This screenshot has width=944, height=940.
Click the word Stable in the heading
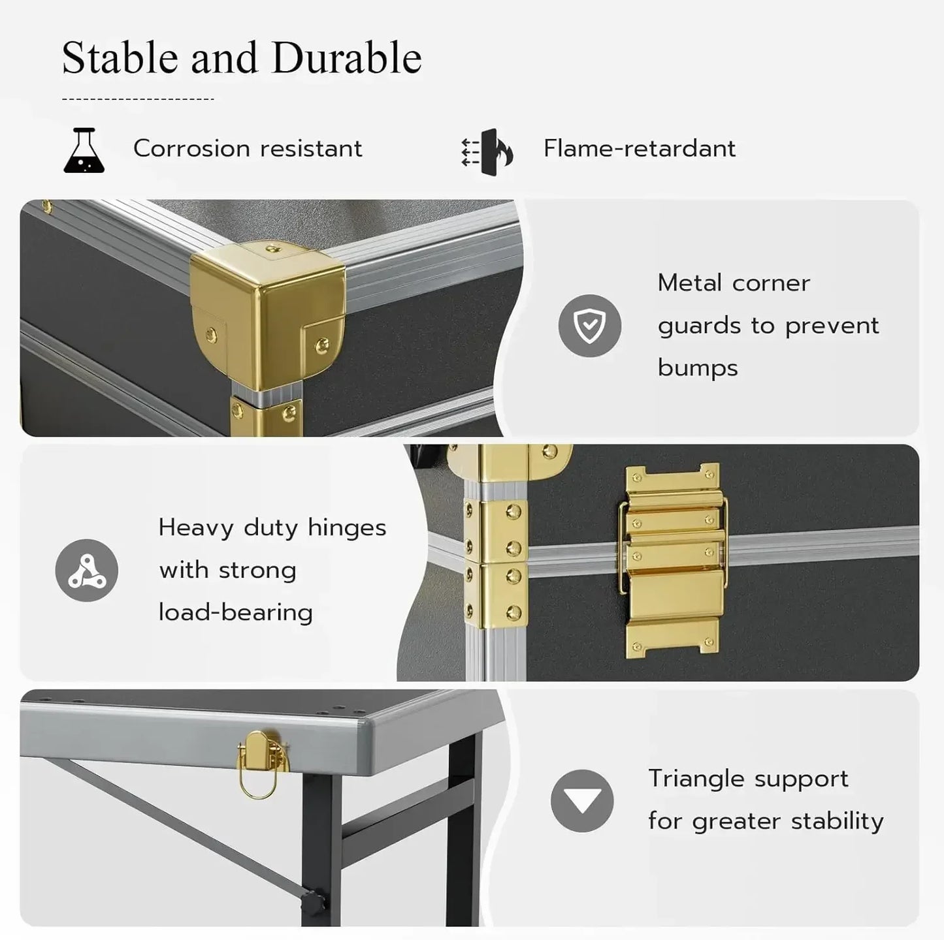click(120, 58)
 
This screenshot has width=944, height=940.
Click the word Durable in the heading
click(346, 58)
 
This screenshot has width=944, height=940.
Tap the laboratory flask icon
click(84, 151)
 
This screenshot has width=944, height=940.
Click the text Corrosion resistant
click(248, 149)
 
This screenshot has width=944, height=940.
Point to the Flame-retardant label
click(639, 149)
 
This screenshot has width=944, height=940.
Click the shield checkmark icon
click(589, 326)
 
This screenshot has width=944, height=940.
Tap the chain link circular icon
click(87, 571)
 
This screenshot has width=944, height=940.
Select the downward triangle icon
click(581, 801)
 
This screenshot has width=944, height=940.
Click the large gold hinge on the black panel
click(673, 560)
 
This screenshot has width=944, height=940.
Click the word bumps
click(697, 368)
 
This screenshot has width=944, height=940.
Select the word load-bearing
click(236, 613)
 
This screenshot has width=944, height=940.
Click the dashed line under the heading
click(138, 99)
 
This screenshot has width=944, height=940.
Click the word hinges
click(347, 527)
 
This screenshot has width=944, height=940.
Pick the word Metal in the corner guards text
click(689, 283)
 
